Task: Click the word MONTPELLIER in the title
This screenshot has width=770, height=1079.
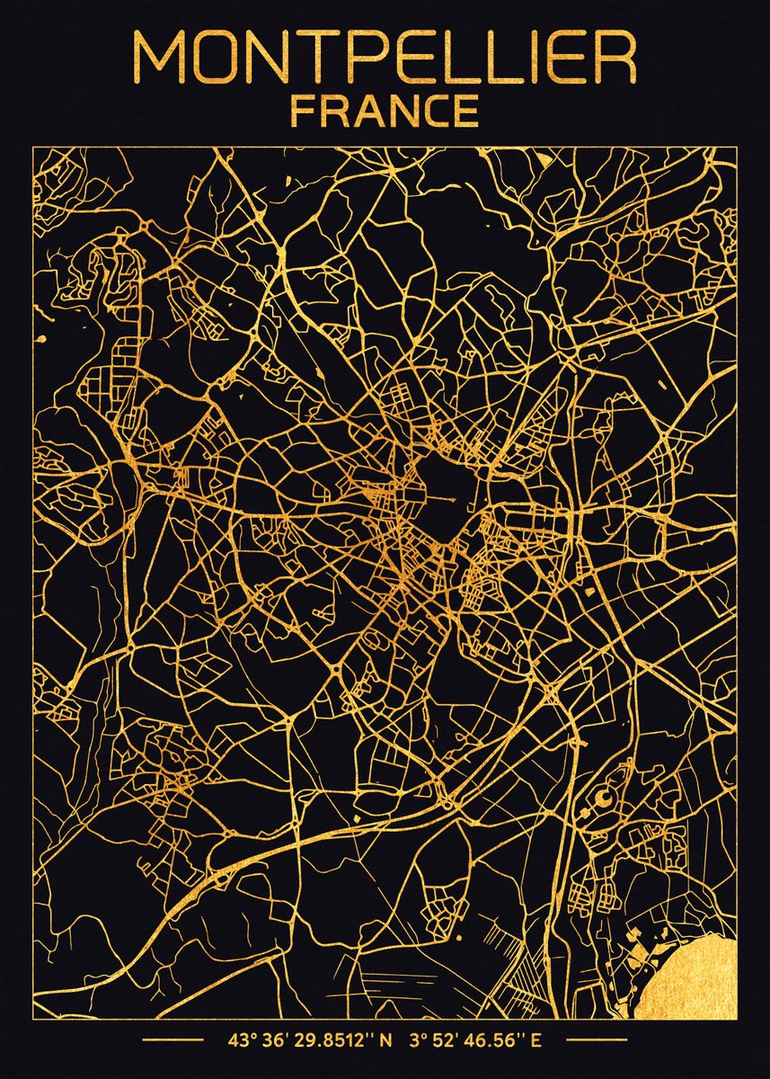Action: pos(385,58)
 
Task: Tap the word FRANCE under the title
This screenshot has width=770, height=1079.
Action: pos(384,111)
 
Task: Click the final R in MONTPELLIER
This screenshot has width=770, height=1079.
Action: pos(617,58)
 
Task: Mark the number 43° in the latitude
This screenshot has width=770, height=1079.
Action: pos(240,1042)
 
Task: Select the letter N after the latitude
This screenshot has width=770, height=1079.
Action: pos(386,1042)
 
